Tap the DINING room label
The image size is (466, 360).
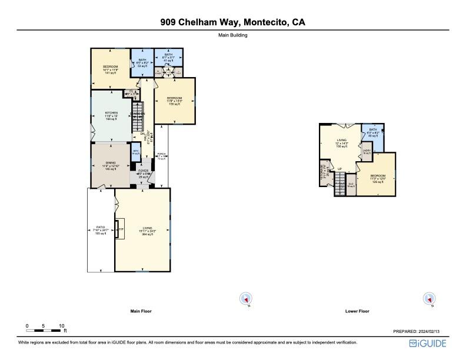click(111, 165)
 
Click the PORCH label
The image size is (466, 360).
click(161, 156)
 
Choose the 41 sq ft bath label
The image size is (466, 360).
click(169, 58)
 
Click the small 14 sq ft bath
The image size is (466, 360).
click(136, 152)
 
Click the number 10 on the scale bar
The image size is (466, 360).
click(61, 325)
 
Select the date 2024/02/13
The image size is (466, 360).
click(435, 332)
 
